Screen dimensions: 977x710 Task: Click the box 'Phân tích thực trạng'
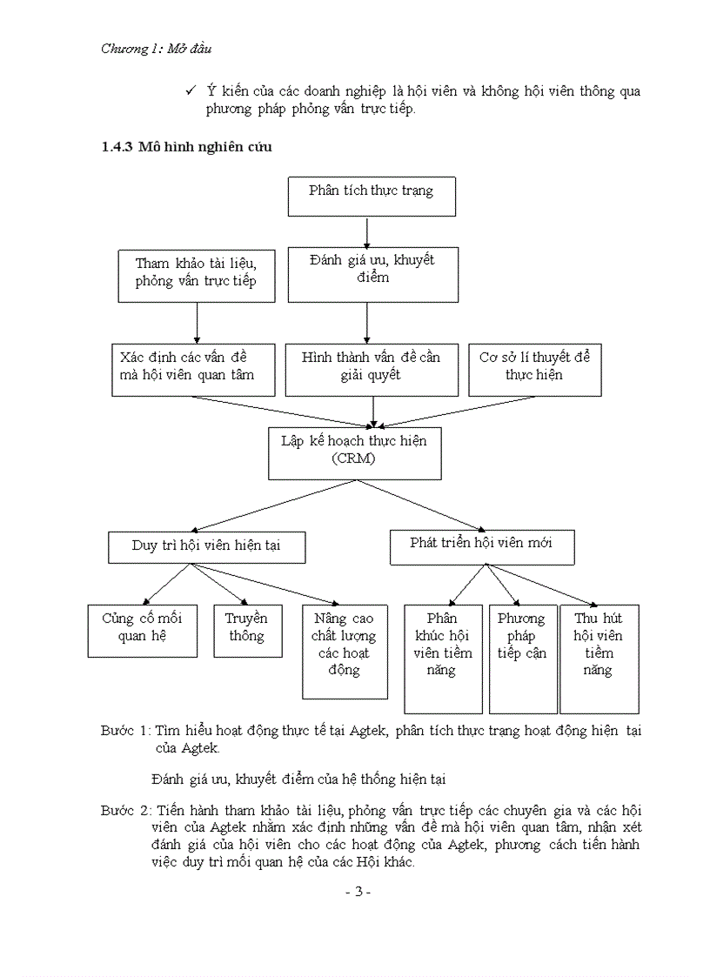point(372,196)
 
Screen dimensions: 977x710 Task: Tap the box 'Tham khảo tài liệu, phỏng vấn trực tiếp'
point(196,276)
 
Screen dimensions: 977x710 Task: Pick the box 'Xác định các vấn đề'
point(195,370)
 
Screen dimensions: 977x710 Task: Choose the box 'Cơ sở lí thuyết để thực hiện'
point(534,370)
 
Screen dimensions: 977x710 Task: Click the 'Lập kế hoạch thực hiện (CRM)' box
point(354,452)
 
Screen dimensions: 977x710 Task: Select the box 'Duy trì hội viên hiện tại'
point(206,546)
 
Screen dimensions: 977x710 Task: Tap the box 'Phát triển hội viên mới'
point(481,545)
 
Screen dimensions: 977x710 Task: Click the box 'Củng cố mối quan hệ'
point(142,631)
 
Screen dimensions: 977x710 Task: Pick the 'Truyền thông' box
point(247,631)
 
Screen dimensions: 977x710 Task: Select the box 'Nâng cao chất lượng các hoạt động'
point(344,652)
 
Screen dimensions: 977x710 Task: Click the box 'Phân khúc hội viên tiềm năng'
point(443,659)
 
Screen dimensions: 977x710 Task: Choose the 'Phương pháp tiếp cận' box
point(522,659)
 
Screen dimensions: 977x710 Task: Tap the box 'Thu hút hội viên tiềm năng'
point(599,659)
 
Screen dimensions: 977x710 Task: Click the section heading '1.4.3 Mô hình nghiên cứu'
point(187,147)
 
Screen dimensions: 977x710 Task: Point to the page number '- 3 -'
point(358,893)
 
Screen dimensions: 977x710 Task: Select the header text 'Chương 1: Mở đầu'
point(157,49)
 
